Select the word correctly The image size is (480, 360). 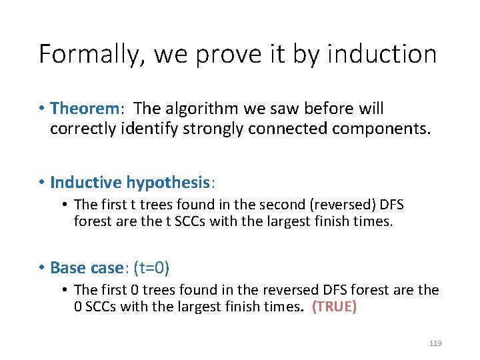point(81,128)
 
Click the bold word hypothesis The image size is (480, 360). point(168,182)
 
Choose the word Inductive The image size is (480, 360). point(86,182)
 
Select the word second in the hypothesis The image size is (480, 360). point(268,205)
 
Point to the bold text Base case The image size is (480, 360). point(87,268)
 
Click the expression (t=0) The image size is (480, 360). point(152,268)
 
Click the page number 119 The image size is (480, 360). point(435,343)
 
